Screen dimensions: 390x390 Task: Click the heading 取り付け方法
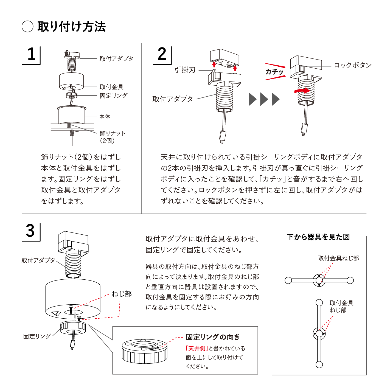coord(71,27)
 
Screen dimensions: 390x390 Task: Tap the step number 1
coord(31,54)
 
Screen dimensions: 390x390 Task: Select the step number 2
coord(162,54)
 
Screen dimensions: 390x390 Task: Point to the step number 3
coord(30,231)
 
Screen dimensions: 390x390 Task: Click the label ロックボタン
coord(353,65)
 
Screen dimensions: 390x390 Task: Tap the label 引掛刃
coord(185,70)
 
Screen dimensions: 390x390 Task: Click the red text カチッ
coord(274,72)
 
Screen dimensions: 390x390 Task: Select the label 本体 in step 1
coord(105,117)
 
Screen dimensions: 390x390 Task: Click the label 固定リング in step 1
coord(113,96)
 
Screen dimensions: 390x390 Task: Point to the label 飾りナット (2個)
coord(112,137)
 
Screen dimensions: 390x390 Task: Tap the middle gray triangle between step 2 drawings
coord(264,99)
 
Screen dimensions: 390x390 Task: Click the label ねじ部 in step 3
coord(122,294)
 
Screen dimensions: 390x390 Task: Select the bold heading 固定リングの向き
coord(213,337)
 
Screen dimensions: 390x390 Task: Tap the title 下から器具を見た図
coord(318,237)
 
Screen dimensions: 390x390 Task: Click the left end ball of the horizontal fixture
coord(288,280)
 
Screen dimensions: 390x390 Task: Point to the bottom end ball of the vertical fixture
coord(319,364)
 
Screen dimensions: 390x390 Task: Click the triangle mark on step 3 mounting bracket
coord(56,313)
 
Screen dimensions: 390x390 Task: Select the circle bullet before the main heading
coord(27,27)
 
